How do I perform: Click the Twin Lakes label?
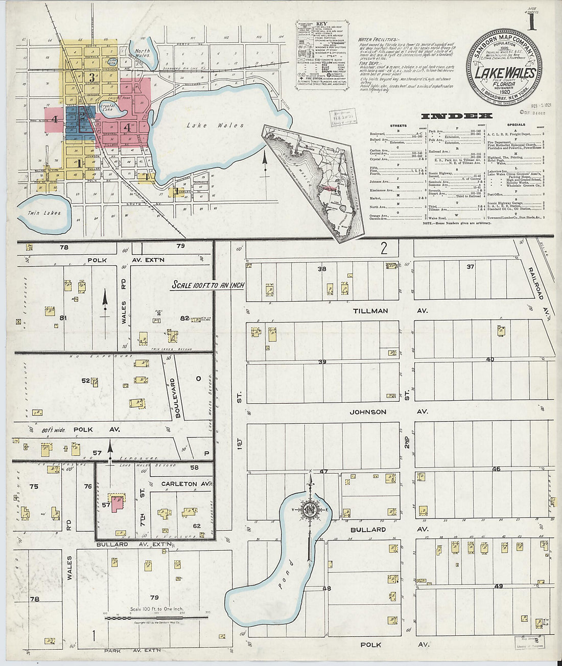click(44, 213)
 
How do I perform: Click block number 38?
click(321, 269)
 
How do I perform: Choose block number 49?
click(498, 586)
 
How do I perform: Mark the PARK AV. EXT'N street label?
click(132, 650)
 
